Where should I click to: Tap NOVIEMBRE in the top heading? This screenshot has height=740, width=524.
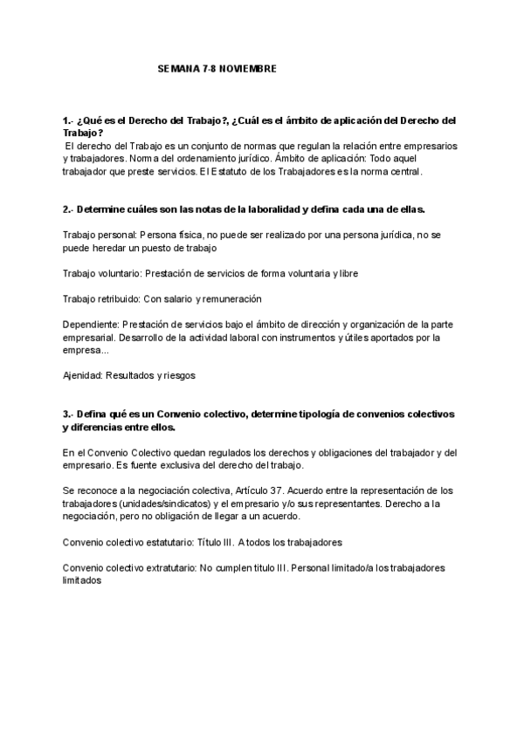[x=245, y=67]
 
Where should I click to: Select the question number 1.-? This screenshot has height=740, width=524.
[x=68, y=120]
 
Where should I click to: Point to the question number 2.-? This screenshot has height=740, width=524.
[x=68, y=211]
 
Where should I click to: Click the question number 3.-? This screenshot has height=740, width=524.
[x=68, y=413]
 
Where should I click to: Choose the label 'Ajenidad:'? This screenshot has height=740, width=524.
[x=84, y=376]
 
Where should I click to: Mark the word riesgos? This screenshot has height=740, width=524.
[x=178, y=376]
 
